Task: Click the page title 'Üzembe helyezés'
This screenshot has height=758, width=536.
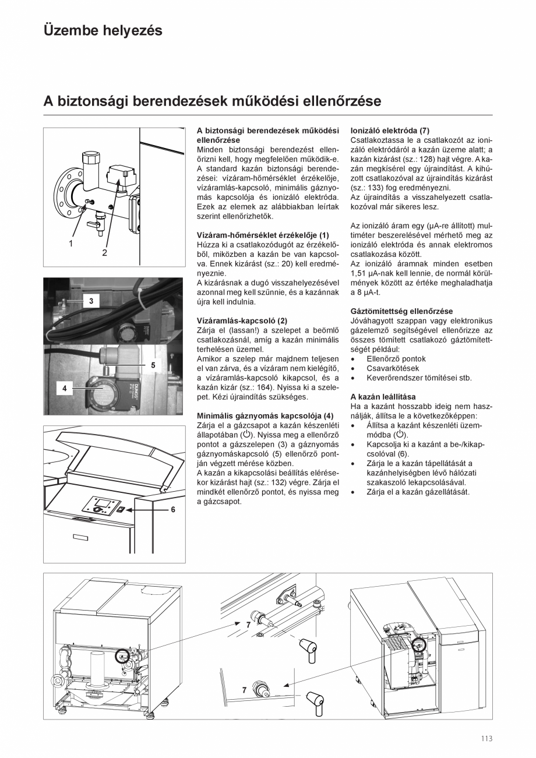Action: tap(103, 30)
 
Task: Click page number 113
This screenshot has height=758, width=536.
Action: tap(486, 739)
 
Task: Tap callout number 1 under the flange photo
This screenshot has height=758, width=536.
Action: tap(71, 244)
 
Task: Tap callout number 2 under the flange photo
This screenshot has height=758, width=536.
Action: tap(105, 253)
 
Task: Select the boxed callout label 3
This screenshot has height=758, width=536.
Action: tap(91, 301)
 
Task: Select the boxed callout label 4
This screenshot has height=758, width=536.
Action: tap(65, 387)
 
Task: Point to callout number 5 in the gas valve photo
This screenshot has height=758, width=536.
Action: tap(153, 365)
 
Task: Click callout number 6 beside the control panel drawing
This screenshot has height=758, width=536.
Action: tap(173, 509)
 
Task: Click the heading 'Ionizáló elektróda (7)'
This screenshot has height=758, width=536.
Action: tap(390, 131)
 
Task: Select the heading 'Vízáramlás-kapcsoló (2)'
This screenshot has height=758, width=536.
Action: tap(242, 320)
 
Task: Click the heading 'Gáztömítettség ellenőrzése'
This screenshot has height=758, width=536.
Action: tap(401, 311)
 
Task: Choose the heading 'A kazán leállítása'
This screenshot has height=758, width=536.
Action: tap(383, 397)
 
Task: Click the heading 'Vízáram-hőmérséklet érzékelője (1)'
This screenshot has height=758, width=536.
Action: tap(263, 235)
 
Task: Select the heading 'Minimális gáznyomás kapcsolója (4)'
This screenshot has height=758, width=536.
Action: tap(265, 415)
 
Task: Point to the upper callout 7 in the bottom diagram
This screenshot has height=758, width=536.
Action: tap(248, 624)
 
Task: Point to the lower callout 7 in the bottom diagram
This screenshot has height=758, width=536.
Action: tap(244, 690)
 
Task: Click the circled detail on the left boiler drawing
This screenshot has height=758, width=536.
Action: tap(124, 655)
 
